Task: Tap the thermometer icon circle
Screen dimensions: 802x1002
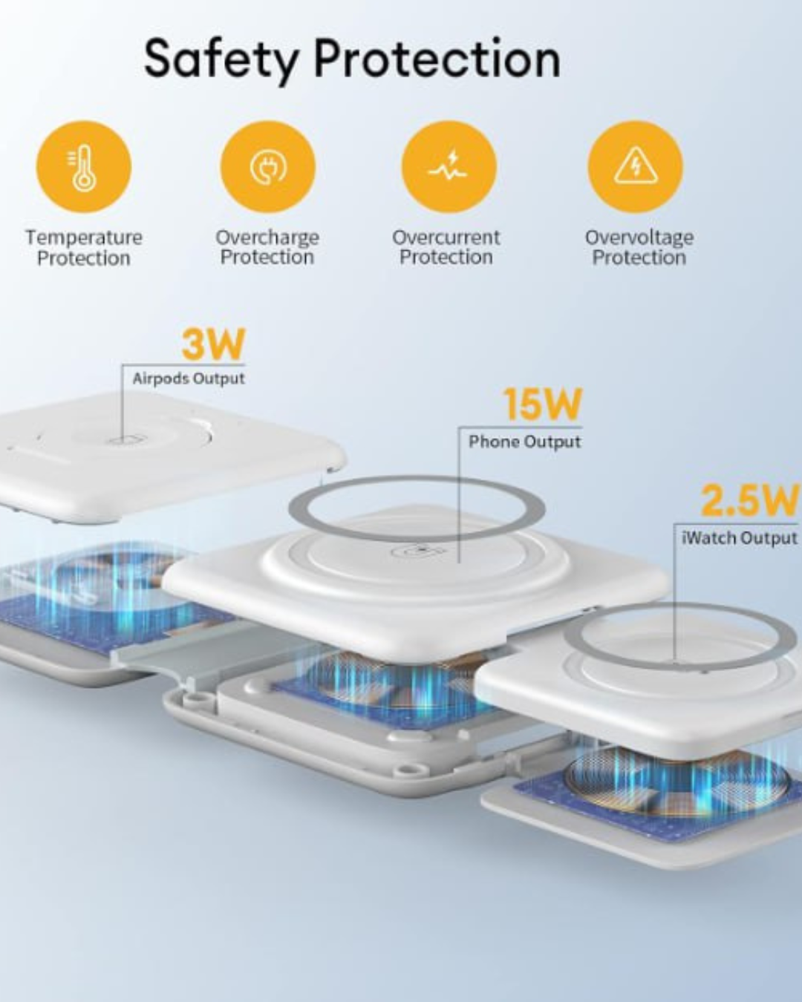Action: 84,167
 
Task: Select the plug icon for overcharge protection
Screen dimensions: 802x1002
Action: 268,167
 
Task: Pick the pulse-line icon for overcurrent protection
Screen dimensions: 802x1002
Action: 449,167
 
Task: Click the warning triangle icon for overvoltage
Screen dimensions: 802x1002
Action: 635,167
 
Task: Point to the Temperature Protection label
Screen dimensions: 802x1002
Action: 84,248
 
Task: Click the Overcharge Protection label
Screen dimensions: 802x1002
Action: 267,247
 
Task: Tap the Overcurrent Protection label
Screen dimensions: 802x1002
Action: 446,247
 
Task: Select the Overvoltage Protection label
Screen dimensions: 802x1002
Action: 639,247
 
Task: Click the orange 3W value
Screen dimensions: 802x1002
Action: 213,344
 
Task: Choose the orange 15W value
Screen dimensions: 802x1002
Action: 542,405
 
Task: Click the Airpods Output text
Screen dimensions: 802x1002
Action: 189,379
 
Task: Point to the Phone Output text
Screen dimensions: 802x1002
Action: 525,442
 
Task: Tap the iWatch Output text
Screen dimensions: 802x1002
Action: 740,538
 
